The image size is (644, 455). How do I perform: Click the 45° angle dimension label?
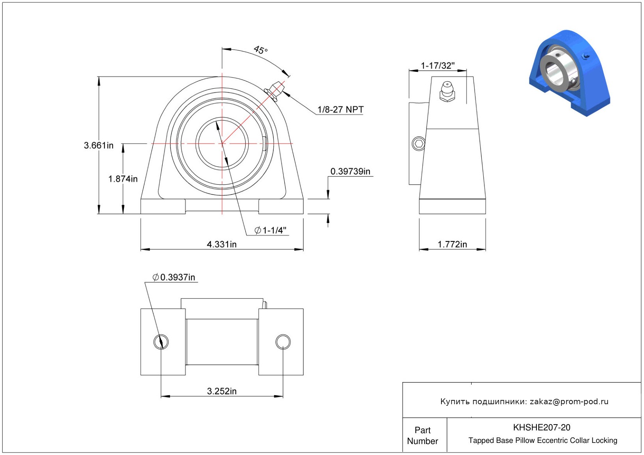pyautogui.click(x=260, y=50)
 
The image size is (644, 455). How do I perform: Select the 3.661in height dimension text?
pyautogui.click(x=99, y=145)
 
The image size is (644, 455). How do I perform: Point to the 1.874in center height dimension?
pyautogui.click(x=123, y=179)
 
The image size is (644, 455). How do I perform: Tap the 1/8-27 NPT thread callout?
pyautogui.click(x=341, y=109)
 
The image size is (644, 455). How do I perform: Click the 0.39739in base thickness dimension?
pyautogui.click(x=350, y=171)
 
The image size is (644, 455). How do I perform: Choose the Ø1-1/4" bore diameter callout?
pyautogui.click(x=271, y=230)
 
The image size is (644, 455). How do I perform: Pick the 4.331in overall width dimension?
pyautogui.click(x=222, y=244)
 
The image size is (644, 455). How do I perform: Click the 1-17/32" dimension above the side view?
pyautogui.click(x=438, y=66)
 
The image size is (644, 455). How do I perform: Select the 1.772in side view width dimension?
pyautogui.click(x=452, y=244)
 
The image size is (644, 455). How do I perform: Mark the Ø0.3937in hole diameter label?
pyautogui.click(x=174, y=277)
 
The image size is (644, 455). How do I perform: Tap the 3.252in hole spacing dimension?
pyautogui.click(x=222, y=391)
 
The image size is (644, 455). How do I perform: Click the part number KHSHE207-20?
pyautogui.click(x=542, y=427)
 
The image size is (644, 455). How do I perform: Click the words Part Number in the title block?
pyautogui.click(x=422, y=435)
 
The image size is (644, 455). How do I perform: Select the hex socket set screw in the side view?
pyautogui.click(x=419, y=143)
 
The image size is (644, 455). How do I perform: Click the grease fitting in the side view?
pyautogui.click(x=447, y=91)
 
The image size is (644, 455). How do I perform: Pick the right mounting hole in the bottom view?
pyautogui.click(x=283, y=342)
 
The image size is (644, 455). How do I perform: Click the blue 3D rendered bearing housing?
pyautogui.click(x=570, y=73)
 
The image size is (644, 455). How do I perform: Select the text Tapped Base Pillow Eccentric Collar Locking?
pyautogui.click(x=543, y=440)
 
